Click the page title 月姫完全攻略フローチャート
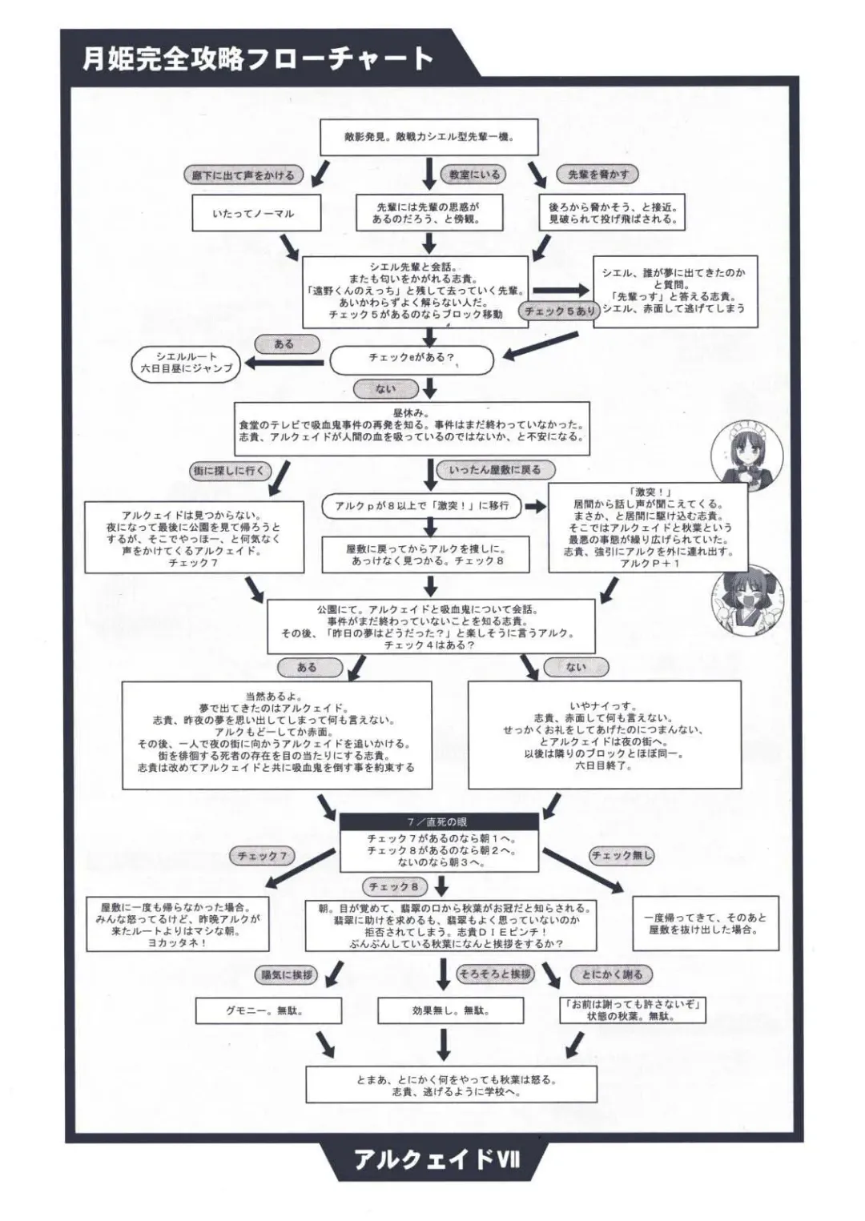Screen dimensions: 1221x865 tap(258, 58)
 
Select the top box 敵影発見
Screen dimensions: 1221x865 tap(428, 137)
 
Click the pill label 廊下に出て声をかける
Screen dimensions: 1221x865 tap(243, 175)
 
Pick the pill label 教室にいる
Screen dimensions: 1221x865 tap(473, 175)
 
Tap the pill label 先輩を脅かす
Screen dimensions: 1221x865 tap(598, 175)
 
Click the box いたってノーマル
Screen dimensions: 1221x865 tap(253, 214)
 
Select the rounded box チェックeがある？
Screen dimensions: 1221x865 tap(412, 358)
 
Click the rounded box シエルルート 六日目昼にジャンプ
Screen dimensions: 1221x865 tap(186, 362)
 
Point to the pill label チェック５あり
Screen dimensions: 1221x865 tap(560, 311)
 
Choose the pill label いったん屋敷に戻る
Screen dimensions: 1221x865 tap(495, 471)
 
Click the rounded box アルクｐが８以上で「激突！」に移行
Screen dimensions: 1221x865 tap(421, 506)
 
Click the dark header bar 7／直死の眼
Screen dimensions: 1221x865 tap(438, 822)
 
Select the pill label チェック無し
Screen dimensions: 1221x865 tap(622, 856)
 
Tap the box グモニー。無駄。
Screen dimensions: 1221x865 tap(268, 1010)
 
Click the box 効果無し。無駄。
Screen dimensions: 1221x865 tap(450, 1010)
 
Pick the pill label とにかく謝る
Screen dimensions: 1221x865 tap(612, 974)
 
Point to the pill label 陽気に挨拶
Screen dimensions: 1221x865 tap(287, 974)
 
